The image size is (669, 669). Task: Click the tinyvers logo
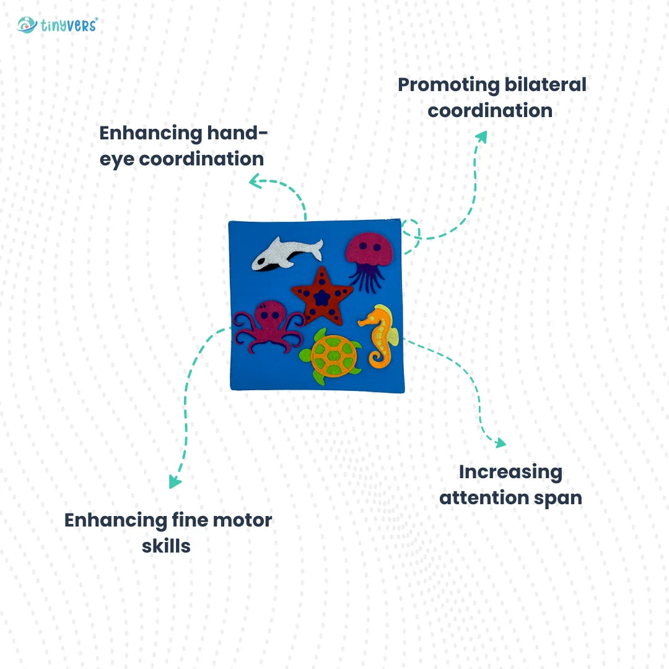point(58,25)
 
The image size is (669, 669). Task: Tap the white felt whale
point(286,253)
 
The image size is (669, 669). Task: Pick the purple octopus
point(267,325)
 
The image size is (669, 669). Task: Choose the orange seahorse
point(380,334)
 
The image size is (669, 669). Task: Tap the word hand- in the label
point(238,133)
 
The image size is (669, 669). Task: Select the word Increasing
point(510,472)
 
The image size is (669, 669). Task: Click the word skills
point(166,546)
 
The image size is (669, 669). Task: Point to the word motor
point(242,520)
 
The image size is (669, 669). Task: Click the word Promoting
point(442,85)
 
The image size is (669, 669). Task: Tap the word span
point(556,497)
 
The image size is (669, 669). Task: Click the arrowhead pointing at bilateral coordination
point(481,136)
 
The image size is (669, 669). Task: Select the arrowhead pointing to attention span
point(500,443)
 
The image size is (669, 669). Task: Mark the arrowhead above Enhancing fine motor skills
point(175,482)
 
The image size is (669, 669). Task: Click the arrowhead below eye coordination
point(254,181)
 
